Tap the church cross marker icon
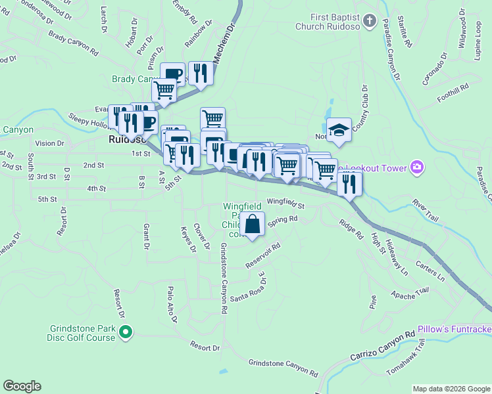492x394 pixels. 369,22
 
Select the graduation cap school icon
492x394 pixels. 339,129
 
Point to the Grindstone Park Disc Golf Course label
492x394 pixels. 82,333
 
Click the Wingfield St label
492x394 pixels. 285,203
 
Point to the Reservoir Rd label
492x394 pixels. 263,255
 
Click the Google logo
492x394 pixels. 22,386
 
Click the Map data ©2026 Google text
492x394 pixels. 451,389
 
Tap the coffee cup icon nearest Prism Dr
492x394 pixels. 173,74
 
